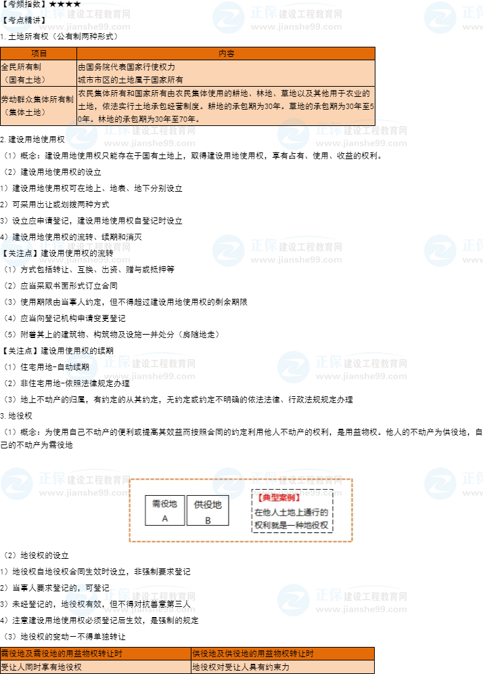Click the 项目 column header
click(x=39, y=54)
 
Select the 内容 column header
click(x=226, y=54)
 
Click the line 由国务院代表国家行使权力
click(x=127, y=68)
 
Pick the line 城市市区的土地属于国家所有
click(x=131, y=79)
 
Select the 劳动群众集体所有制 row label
click(x=38, y=99)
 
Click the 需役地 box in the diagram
click(x=164, y=511)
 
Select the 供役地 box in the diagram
click(x=208, y=511)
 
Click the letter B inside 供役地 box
click(x=208, y=520)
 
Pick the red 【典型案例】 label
click(x=278, y=498)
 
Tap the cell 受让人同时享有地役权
click(x=41, y=667)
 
